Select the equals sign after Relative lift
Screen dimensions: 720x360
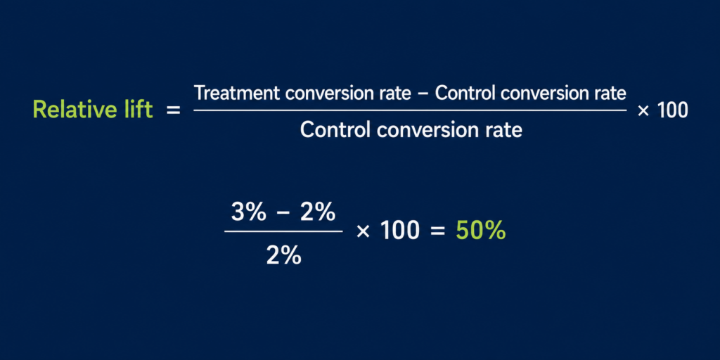pos(173,110)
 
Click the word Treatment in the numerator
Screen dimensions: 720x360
pos(237,94)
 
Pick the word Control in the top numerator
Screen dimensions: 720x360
pos(465,94)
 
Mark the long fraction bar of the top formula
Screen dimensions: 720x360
pos(410,110)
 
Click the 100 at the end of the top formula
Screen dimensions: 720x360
pos(673,110)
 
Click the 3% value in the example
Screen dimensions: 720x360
pos(249,212)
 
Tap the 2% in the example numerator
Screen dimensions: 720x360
pos(318,212)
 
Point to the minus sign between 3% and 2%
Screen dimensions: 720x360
pos(283,213)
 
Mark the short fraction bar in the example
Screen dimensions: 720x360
pos(283,231)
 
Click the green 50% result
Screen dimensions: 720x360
pos(481,231)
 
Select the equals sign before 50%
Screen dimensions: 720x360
pos(437,232)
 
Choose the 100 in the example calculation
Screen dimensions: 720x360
pos(400,231)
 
